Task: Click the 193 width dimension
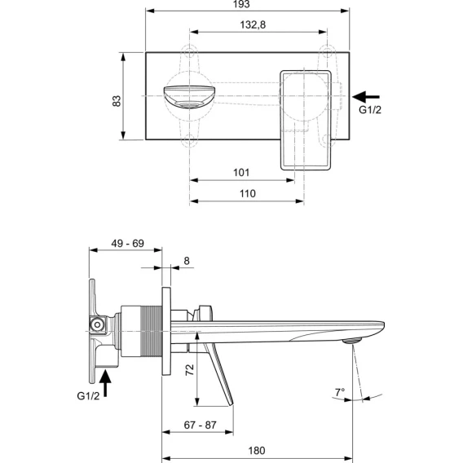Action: pos(241,4)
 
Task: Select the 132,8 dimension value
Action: pos(253,24)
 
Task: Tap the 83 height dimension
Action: pos(117,101)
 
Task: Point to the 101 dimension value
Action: pos(241,173)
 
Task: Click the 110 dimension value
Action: pos(248,194)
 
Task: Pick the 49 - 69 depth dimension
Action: pos(127,244)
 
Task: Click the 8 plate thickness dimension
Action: pos(187,261)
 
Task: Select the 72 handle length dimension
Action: pos(190,370)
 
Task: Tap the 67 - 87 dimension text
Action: pos(201,426)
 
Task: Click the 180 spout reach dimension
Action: pos(257,451)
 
